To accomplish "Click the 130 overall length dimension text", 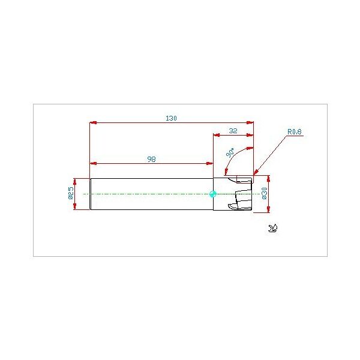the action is click(171, 118).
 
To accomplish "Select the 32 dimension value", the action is click(233, 131).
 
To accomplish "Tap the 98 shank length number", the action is click(152, 159).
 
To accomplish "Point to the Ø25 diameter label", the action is click(71, 193).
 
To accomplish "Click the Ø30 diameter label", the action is click(265, 193).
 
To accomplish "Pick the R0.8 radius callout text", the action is click(295, 132).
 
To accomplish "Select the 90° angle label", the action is click(230, 153).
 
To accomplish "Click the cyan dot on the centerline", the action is click(213, 194).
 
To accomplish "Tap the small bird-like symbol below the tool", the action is click(273, 228).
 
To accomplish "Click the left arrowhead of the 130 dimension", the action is click(93, 123).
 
